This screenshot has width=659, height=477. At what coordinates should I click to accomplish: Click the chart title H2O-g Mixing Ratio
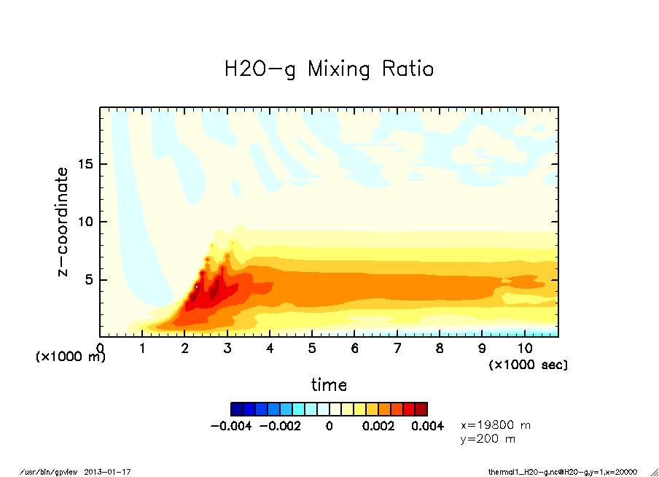(x=329, y=70)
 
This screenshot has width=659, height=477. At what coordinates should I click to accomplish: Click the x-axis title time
(x=329, y=385)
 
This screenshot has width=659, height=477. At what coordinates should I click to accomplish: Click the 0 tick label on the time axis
(x=101, y=348)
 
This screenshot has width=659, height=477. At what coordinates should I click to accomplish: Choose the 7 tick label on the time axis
(x=397, y=348)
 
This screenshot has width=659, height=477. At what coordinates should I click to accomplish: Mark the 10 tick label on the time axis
(x=524, y=348)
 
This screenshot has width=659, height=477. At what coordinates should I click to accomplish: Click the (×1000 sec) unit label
(x=528, y=364)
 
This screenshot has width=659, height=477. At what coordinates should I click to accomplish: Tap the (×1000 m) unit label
(x=71, y=357)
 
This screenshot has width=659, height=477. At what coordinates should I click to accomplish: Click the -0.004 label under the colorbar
(x=230, y=426)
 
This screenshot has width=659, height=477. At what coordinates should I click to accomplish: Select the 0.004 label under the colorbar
(x=427, y=426)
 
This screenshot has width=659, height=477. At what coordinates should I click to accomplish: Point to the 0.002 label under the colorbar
(x=378, y=426)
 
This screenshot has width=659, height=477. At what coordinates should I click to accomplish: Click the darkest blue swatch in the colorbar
(x=236, y=408)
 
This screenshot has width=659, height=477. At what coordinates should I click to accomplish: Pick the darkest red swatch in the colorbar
(x=421, y=408)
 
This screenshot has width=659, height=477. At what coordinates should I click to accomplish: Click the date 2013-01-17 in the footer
(x=108, y=472)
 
